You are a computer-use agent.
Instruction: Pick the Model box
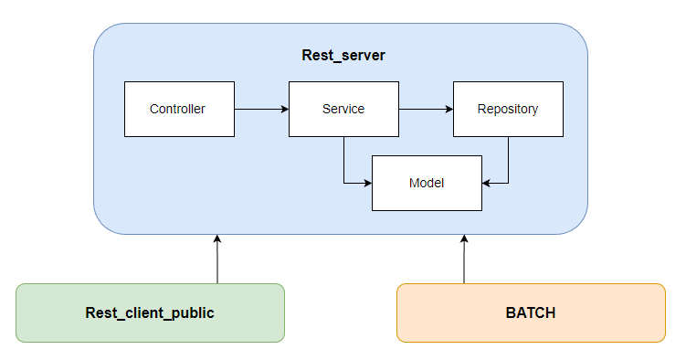pyautogui.click(x=427, y=196)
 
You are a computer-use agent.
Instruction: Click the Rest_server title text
pyautogui.click(x=343, y=56)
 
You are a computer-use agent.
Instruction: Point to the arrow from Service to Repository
pyautogui.click(x=426, y=110)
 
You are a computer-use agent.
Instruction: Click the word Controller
pyautogui.click(x=178, y=110)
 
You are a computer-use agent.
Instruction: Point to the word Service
pyautogui.click(x=343, y=110)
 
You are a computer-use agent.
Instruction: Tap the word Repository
pyautogui.click(x=508, y=110)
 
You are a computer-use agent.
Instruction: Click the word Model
pyautogui.click(x=427, y=184)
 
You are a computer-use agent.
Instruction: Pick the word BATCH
pyautogui.click(x=531, y=313)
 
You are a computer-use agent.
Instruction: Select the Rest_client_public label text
pyautogui.click(x=150, y=313)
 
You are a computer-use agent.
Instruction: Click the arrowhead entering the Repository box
pyautogui.click(x=449, y=110)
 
